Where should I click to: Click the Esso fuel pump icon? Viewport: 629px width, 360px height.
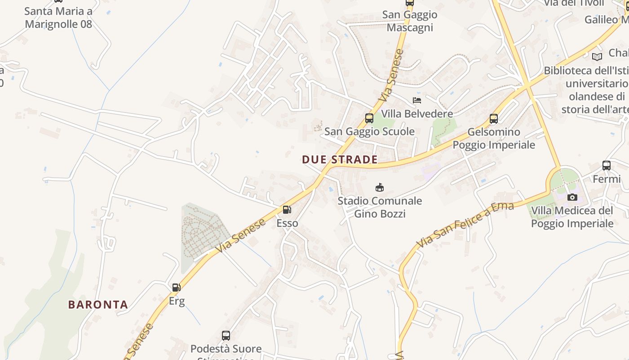[287, 210]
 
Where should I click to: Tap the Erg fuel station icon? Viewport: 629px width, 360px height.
[177, 287]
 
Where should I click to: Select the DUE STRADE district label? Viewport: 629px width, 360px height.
[340, 159]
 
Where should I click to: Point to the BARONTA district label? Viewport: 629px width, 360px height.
[98, 305]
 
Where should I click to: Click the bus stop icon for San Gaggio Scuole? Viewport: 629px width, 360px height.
[369, 118]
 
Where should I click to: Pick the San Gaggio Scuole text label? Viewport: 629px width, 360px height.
[369, 131]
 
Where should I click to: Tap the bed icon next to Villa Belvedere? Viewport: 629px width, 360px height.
[417, 100]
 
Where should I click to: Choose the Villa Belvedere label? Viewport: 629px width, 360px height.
[417, 113]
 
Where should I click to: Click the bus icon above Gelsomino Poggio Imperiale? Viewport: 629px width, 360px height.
[494, 119]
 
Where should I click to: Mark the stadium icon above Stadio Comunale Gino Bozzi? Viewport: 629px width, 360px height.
[380, 187]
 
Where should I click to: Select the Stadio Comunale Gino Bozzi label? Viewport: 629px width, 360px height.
[380, 207]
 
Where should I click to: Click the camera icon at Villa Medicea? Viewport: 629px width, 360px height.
[572, 197]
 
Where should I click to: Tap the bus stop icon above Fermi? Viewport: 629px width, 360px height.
[607, 166]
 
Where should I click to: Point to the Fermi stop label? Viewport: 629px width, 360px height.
[607, 179]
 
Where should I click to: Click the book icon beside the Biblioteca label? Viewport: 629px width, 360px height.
[597, 57]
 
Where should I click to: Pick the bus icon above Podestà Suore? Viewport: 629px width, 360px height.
[226, 336]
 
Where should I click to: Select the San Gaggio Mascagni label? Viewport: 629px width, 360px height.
[410, 21]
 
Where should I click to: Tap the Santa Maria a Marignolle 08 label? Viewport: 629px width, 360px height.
[58, 17]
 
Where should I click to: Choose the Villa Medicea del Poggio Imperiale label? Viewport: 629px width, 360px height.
[572, 217]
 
